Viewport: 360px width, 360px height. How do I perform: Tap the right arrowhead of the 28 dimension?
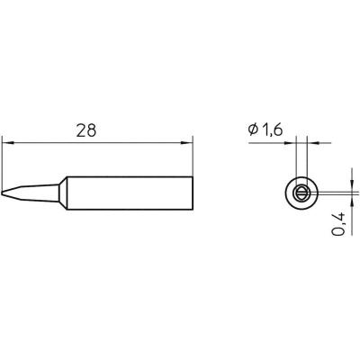tap(188, 141)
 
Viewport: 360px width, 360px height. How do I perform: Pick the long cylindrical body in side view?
tap(126, 192)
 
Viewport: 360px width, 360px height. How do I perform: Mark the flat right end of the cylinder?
tap(193, 192)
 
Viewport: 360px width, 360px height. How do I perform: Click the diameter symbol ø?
tap(253, 131)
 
